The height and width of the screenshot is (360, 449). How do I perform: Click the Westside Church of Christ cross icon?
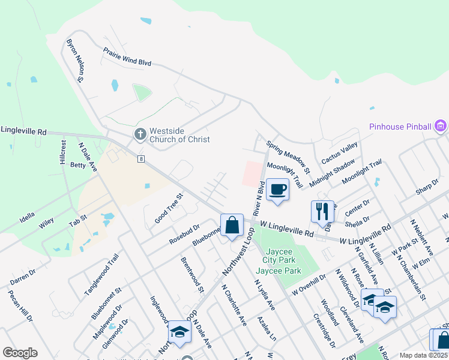click(140, 134)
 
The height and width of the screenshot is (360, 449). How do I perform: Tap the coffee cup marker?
click(277, 189)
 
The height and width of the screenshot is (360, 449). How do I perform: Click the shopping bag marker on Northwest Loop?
click(232, 225)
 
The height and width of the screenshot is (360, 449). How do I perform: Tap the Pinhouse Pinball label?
click(400, 127)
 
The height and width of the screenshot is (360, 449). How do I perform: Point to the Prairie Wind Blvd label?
click(127, 57)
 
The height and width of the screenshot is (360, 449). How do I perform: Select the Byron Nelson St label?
click(76, 60)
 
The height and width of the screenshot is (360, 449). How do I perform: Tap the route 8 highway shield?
click(140, 158)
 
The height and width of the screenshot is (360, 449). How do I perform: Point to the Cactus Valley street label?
click(340, 154)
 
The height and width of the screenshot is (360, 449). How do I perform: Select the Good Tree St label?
click(169, 208)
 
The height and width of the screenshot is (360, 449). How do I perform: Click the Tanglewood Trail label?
click(101, 274)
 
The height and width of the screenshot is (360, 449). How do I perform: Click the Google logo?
click(20, 353)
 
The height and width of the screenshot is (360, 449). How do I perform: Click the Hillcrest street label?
click(62, 152)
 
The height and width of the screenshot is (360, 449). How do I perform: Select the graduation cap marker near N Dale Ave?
click(179, 331)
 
